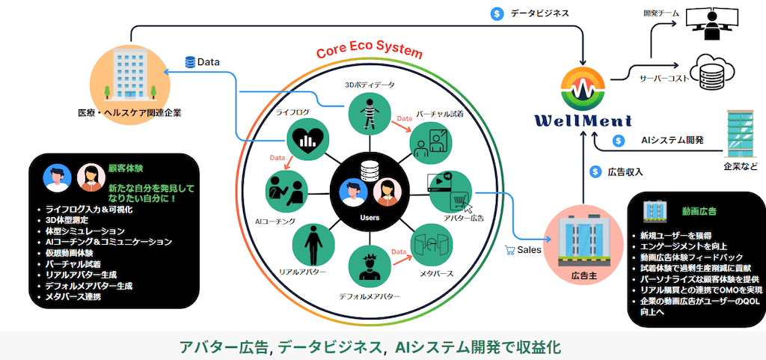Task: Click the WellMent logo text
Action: pos(584,120)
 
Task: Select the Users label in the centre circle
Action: pos(370,218)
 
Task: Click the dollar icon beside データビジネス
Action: pos(497,13)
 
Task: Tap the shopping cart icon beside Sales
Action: pos(511,251)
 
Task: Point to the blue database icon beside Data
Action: pos(189,62)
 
